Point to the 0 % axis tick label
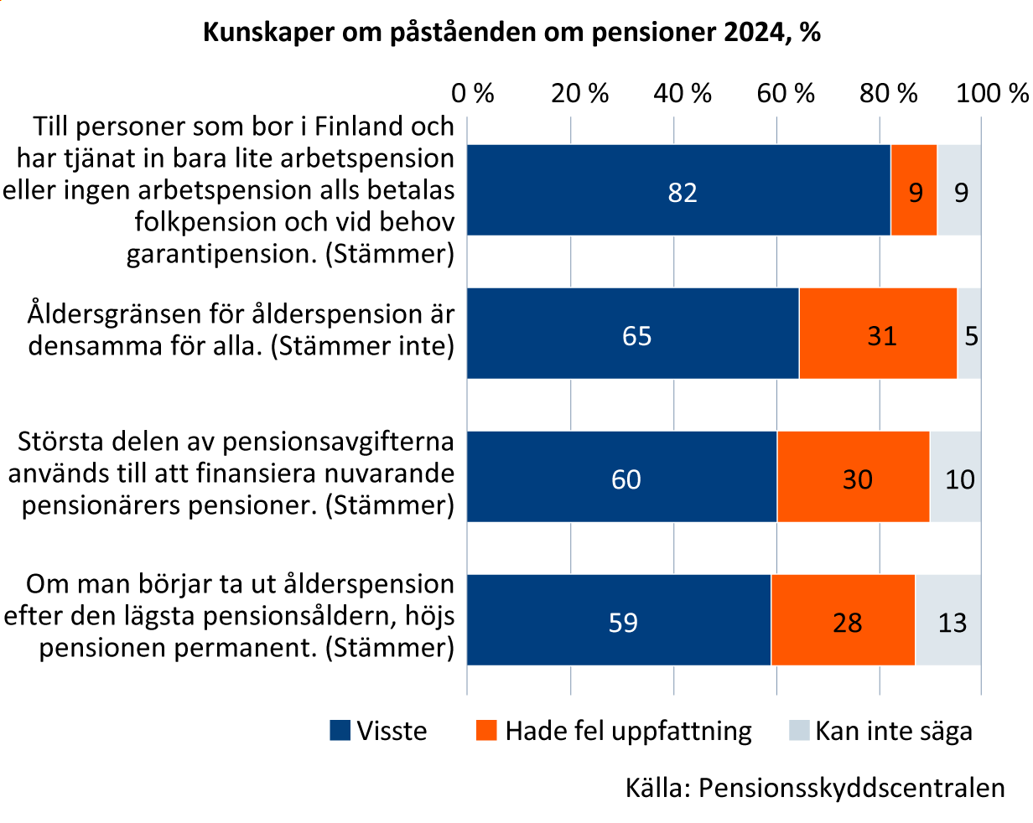click(x=473, y=93)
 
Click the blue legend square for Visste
click(x=340, y=731)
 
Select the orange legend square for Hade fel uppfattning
click(x=486, y=731)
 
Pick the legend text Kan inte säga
click(x=894, y=731)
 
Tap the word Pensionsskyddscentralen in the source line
click(x=851, y=789)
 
